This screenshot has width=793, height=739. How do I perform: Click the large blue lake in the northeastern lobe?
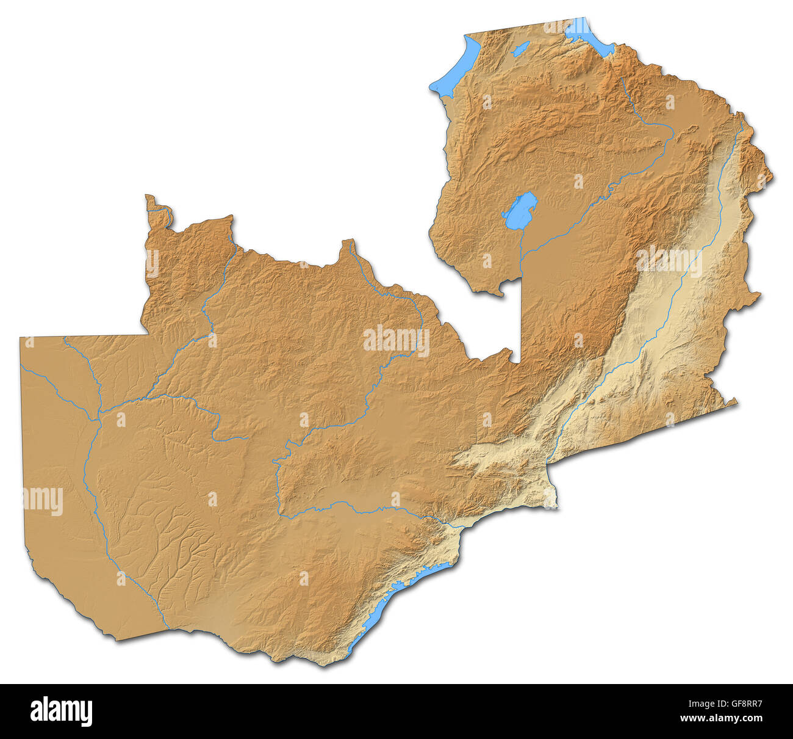tap(520, 209)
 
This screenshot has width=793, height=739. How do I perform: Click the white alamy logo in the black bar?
tap(61, 712)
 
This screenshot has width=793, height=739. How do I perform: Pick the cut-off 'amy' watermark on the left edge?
tap(43, 500)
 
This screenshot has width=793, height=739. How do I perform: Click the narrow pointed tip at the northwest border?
tap(148, 198)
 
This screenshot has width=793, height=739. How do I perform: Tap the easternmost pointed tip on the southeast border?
tap(736, 401)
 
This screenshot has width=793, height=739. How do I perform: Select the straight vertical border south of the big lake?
tap(521, 318)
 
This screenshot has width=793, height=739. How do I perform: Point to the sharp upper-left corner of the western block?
tap(21, 338)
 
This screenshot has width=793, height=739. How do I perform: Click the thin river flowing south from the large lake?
tap(521, 250)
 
